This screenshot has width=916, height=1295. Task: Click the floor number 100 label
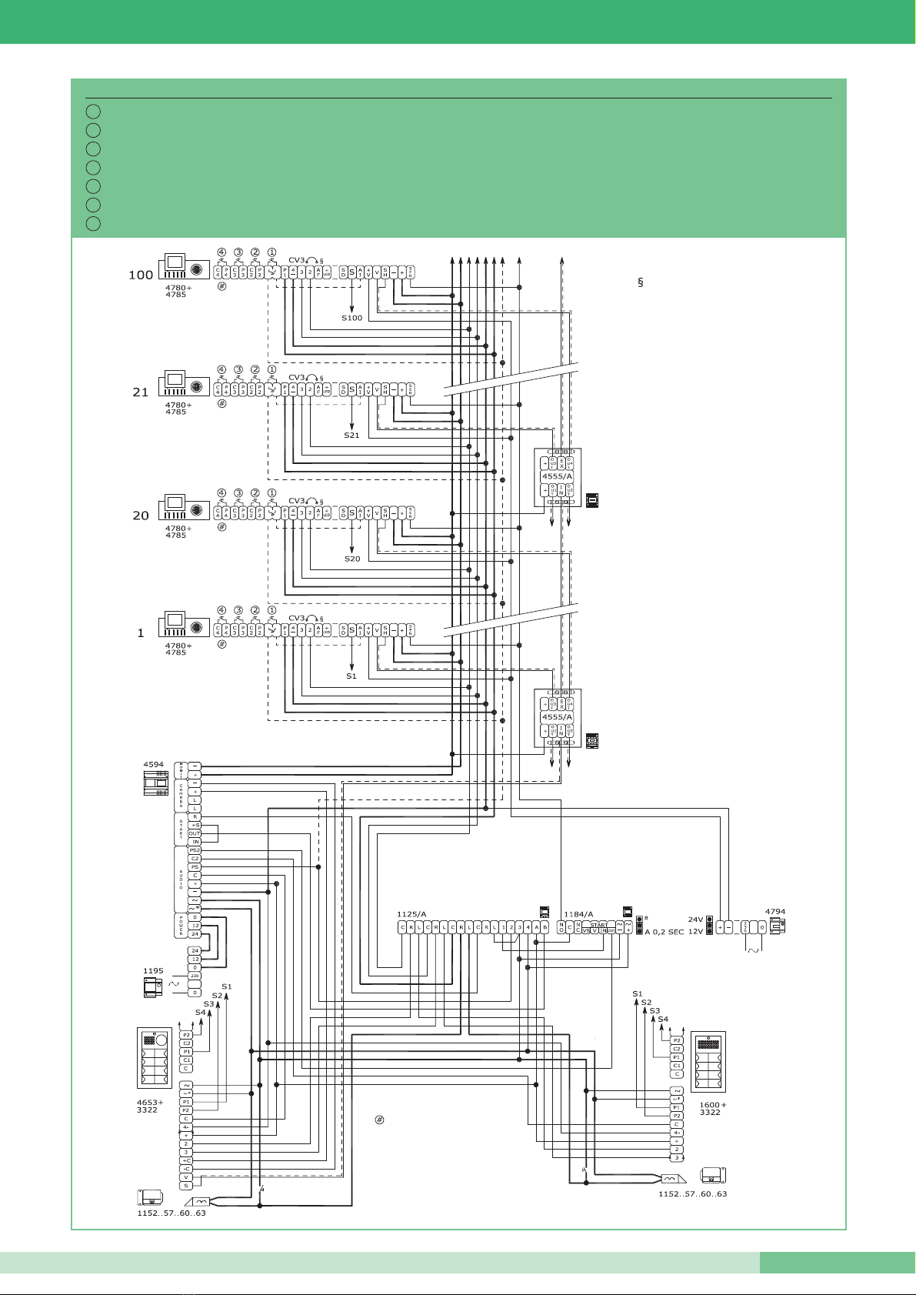(141, 275)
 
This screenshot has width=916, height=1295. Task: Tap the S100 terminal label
(351, 318)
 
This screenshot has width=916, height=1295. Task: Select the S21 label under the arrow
(351, 436)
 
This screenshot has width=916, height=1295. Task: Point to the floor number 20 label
(141, 516)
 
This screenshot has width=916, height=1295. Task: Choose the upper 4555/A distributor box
(558, 477)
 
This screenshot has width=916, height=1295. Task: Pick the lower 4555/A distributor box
(558, 717)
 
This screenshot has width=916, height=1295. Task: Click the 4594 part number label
(154, 765)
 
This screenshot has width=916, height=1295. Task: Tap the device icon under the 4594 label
(156, 783)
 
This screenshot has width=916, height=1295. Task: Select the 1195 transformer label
(153, 971)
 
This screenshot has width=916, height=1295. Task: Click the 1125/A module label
(411, 914)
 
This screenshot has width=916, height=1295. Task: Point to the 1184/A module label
(578, 914)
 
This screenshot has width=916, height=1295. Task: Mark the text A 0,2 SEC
(664, 932)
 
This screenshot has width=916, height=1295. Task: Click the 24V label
(695, 920)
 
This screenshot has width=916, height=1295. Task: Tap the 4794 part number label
(774, 912)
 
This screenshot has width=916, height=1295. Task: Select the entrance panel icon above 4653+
(155, 1057)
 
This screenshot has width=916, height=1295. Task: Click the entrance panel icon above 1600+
(708, 1062)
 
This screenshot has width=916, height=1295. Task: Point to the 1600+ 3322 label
(712, 1109)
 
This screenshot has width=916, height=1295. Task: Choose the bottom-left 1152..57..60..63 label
(172, 1213)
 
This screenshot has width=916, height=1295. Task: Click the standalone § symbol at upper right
(640, 283)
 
